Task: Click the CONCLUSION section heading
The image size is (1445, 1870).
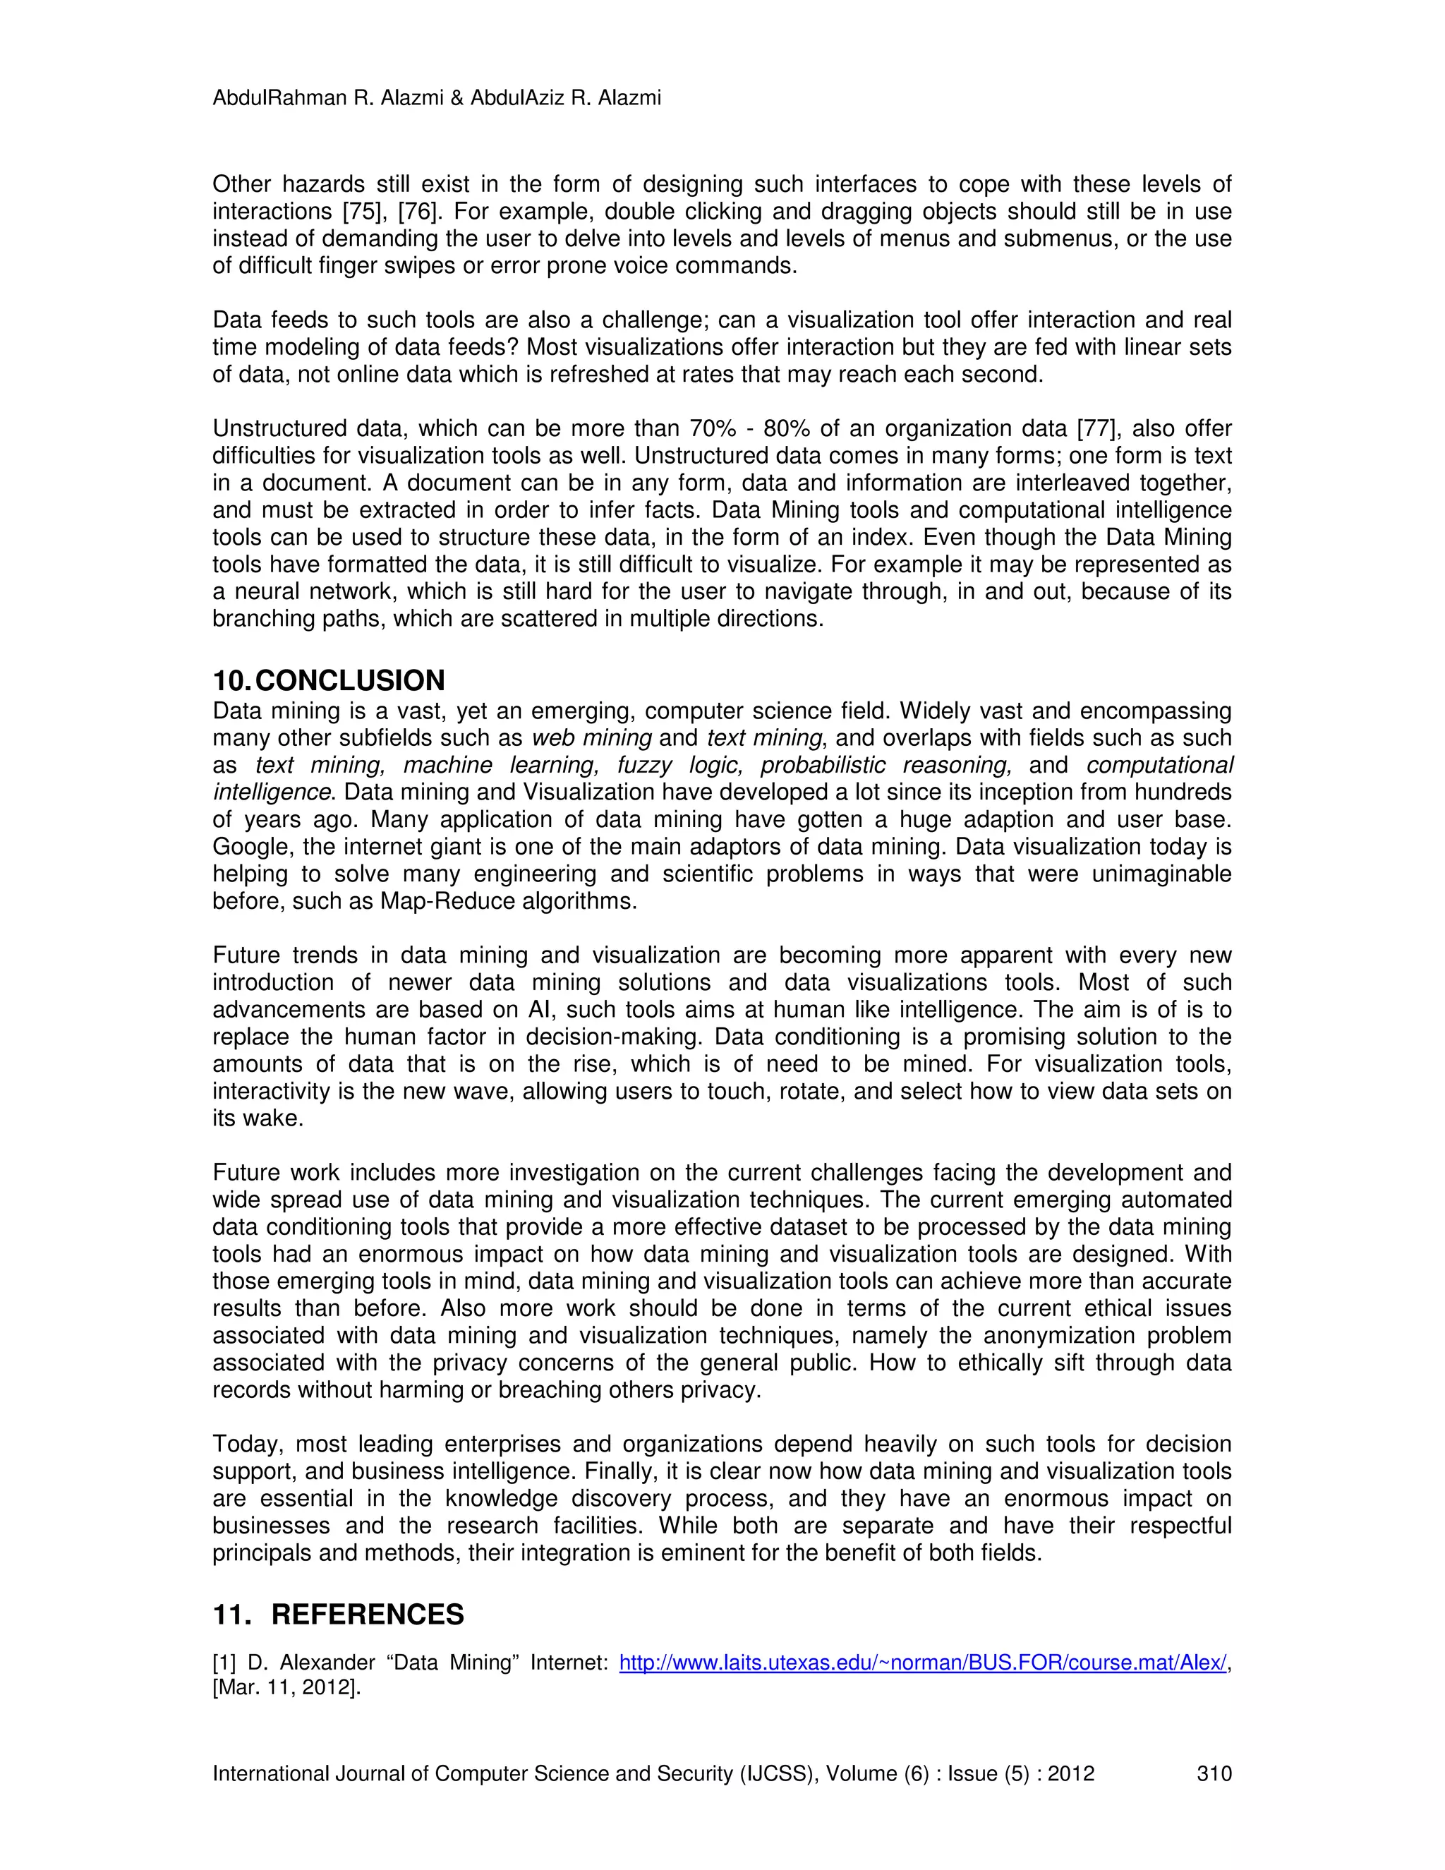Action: [x=349, y=681]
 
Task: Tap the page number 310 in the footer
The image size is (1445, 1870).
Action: [x=1214, y=1773]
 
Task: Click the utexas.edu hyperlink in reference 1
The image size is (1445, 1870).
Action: [x=923, y=1663]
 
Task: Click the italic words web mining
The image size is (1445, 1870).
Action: [x=591, y=738]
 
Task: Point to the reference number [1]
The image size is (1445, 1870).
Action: [x=224, y=1663]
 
